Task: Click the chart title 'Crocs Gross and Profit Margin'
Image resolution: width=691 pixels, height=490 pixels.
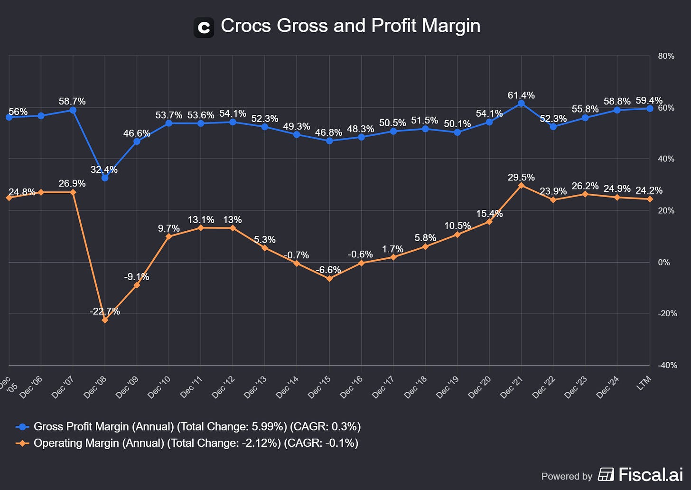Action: click(x=350, y=26)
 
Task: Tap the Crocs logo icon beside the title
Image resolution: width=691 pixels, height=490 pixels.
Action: click(x=204, y=28)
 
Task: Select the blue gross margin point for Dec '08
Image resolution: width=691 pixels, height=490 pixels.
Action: click(x=105, y=178)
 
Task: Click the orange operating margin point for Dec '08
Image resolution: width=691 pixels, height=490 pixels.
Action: click(x=105, y=320)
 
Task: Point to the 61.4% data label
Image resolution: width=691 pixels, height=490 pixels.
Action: click(x=521, y=95)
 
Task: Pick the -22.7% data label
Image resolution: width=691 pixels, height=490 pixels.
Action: click(x=105, y=311)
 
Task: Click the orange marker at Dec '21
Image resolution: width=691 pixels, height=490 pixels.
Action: click(x=521, y=185)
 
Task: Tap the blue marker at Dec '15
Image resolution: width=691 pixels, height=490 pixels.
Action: click(x=329, y=141)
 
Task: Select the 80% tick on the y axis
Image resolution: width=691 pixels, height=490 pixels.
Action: click(x=666, y=56)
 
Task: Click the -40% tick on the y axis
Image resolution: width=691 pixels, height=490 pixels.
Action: click(x=667, y=365)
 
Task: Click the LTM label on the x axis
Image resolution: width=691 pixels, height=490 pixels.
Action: click(x=644, y=383)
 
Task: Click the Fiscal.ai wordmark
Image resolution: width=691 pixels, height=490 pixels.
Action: click(x=650, y=474)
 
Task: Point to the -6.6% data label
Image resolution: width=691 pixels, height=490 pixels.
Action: click(x=328, y=270)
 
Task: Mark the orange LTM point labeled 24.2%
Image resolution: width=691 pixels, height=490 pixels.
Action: click(x=650, y=199)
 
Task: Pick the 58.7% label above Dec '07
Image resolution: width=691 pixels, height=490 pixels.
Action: click(x=72, y=102)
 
